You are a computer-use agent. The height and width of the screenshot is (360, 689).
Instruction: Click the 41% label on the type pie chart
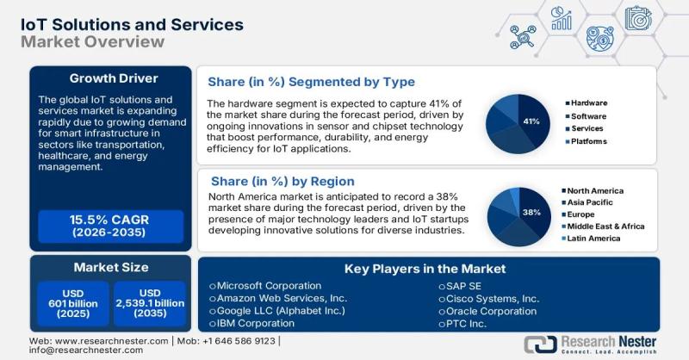pyautogui.click(x=531, y=121)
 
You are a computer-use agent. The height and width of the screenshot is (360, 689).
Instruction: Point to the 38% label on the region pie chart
pyautogui.click(x=531, y=212)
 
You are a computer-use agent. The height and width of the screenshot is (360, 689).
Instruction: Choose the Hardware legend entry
pyautogui.click(x=587, y=103)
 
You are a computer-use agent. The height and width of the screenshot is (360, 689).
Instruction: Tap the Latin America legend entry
pyautogui.click(x=594, y=238)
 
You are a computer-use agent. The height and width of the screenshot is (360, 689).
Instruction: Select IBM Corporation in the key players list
pyautogui.click(x=255, y=324)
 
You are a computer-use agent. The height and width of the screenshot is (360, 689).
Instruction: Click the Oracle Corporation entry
pyautogui.click(x=492, y=311)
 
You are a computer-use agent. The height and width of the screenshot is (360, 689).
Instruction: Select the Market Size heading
pyautogui.click(x=110, y=267)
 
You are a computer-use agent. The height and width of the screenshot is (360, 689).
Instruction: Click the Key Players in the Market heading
pyautogui.click(x=425, y=269)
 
